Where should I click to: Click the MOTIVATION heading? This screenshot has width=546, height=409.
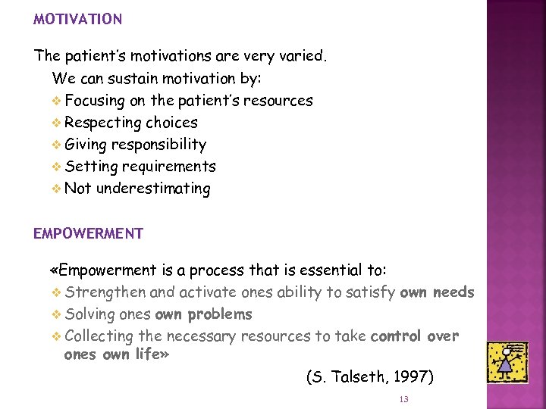tap(77, 20)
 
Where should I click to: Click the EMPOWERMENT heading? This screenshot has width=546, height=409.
tap(88, 233)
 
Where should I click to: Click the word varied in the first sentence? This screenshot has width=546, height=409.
tap(301, 56)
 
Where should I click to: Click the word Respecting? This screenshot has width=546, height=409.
tap(103, 123)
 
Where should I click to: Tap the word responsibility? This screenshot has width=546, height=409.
tap(158, 145)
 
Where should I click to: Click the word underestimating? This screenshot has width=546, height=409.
tap(152, 189)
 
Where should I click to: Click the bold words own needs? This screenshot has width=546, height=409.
tap(437, 292)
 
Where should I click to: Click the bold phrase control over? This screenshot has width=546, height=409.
tap(414, 336)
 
